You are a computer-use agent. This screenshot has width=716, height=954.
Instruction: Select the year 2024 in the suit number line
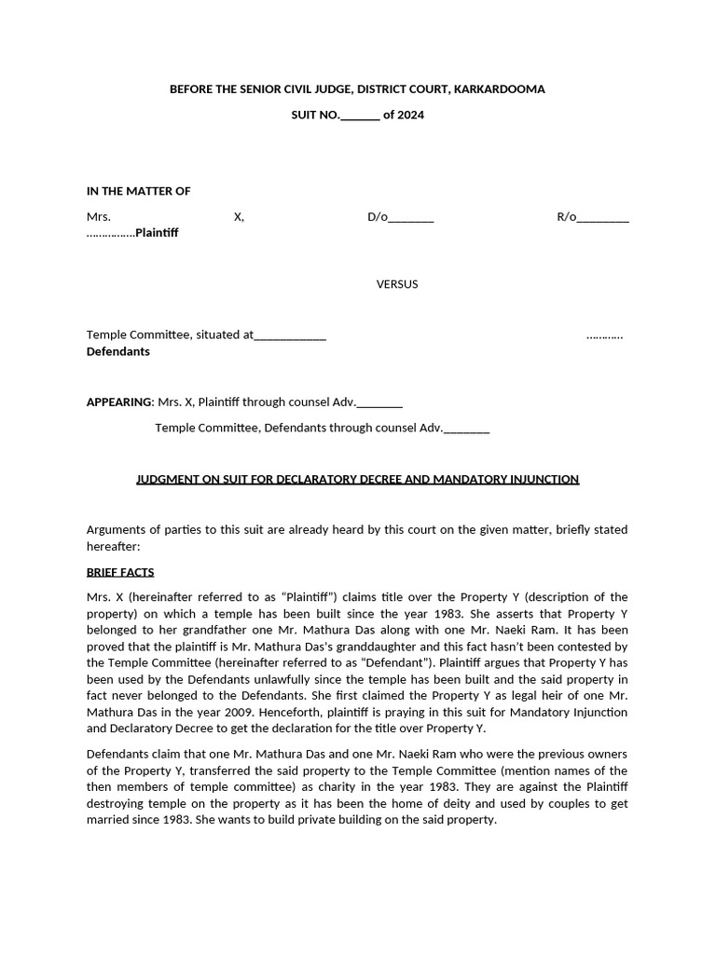411,116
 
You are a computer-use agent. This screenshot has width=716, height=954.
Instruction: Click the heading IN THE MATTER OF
138,191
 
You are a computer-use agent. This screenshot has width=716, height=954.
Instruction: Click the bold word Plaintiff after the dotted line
157,233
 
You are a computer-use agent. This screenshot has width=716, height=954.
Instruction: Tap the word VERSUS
397,284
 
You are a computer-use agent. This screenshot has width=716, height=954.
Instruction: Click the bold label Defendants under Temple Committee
118,352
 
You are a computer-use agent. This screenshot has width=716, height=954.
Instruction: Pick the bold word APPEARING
119,402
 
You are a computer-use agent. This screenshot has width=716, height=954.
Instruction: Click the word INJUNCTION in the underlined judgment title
544,479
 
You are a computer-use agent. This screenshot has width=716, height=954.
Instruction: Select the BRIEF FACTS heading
120,572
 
